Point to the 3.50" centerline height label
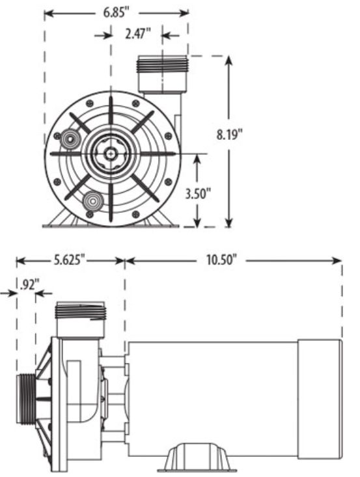tap(197, 193)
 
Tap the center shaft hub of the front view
tap(112, 153)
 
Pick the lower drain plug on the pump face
tap(92, 201)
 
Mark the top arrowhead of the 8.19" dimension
tap(229, 60)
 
